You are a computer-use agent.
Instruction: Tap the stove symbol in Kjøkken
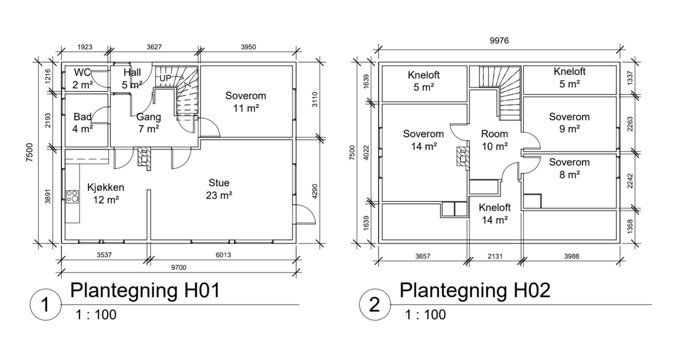click(73, 197)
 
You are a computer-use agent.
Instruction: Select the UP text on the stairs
click(165, 78)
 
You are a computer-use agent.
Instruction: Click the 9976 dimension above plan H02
click(499, 41)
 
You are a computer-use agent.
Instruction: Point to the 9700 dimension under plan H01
click(179, 268)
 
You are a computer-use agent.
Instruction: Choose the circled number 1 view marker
click(46, 304)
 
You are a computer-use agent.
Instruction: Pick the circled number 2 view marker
click(375, 304)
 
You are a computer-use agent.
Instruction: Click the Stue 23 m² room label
click(219, 189)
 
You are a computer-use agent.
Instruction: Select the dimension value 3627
click(154, 47)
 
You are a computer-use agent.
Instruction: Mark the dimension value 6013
click(223, 255)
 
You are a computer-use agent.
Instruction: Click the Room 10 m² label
click(495, 140)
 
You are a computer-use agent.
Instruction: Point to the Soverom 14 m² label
click(424, 140)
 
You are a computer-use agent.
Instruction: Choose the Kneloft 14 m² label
click(495, 214)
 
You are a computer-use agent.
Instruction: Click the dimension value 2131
click(495, 256)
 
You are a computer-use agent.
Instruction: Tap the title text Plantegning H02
click(475, 291)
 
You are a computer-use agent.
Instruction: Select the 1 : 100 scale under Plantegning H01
click(96, 315)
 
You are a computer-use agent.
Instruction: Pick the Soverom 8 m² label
click(569, 168)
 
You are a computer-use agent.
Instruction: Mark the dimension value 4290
click(314, 192)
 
